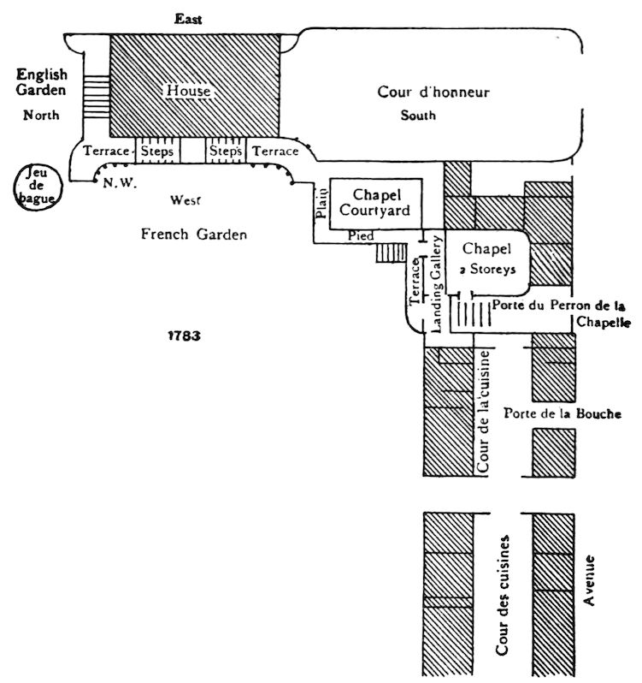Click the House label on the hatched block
pos(188,89)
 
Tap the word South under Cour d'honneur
pos(419,116)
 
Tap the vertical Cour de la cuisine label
pos(484,412)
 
